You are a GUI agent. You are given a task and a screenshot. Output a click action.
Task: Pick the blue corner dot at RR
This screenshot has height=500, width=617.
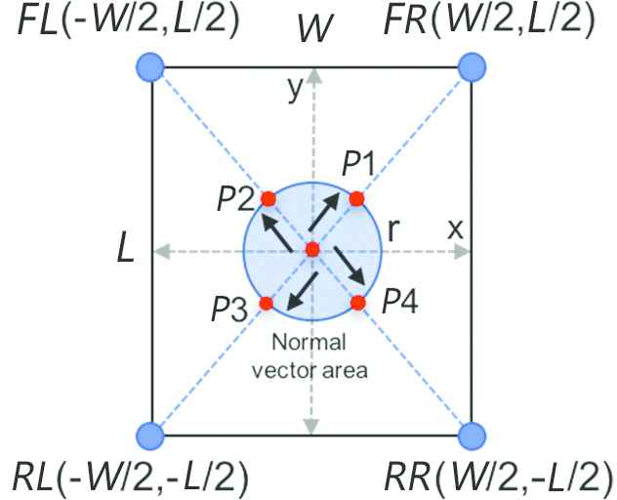point(473,434)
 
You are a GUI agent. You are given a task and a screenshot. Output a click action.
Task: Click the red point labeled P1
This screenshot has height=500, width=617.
point(356,198)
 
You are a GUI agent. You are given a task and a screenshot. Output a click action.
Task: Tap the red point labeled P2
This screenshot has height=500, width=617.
point(268,199)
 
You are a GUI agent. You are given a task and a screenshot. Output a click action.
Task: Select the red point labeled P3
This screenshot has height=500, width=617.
point(265,303)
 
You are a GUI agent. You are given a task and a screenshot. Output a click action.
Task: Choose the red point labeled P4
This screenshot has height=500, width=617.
point(358,303)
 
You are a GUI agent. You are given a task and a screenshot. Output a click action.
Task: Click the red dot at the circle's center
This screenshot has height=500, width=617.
point(312,250)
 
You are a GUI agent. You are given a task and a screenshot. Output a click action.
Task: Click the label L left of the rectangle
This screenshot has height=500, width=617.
point(125,252)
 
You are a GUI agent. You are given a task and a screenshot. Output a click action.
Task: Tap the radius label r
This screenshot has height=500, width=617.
point(395,229)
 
